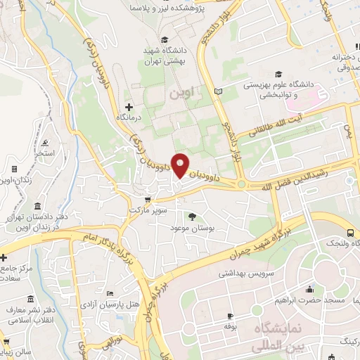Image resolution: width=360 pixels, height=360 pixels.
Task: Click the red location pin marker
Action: click(181, 166)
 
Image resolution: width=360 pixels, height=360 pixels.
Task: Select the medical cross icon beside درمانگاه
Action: click(127, 106)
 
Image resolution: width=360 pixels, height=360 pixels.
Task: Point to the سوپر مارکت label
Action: click(146, 210)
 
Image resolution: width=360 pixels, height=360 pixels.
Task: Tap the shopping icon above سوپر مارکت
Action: click(146, 200)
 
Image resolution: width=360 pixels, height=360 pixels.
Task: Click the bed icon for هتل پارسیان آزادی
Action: click(109, 293)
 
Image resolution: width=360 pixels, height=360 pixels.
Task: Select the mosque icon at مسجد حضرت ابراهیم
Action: click(309, 290)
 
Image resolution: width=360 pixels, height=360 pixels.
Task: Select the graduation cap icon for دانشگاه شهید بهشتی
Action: click(165, 39)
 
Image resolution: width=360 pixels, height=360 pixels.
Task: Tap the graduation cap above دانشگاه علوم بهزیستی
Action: click(278, 74)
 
